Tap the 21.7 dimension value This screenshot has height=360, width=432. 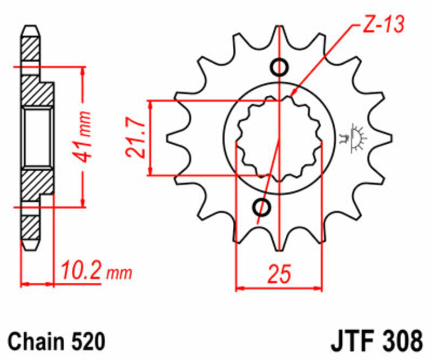(x=137, y=139)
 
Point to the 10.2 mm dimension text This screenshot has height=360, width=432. (x=94, y=269)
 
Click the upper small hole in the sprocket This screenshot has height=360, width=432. (x=279, y=68)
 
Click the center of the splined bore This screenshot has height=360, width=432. (x=279, y=137)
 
